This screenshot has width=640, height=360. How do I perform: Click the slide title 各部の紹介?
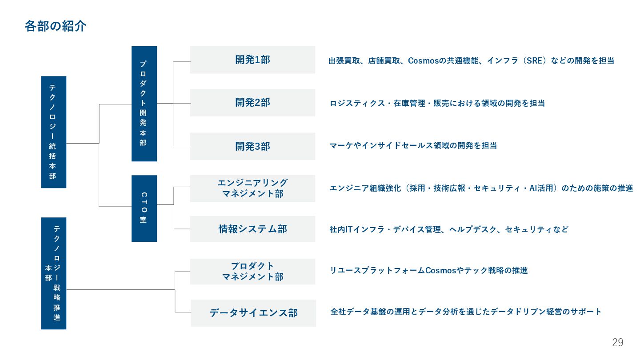coord(56,26)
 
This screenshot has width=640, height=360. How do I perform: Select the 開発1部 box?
coord(252,60)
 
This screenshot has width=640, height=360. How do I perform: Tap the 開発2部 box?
coord(252,103)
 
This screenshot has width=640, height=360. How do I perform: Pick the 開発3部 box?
coord(252,146)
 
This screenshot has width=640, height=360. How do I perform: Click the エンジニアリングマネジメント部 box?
coord(252,188)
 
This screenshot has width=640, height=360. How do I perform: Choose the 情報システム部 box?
coord(252,229)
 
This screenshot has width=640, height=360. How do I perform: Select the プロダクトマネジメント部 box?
coord(252,272)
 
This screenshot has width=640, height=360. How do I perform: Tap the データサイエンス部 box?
coord(253,313)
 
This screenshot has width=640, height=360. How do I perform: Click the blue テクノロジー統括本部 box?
coord(53,132)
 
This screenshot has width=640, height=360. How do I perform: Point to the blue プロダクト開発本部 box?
coord(144,104)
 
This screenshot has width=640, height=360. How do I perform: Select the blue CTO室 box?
coord(144,208)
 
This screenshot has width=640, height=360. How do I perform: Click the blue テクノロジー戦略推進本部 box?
coord(53,273)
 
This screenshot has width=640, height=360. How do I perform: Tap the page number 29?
coord(617,343)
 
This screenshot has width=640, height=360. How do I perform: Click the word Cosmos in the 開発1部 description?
coord(423,60)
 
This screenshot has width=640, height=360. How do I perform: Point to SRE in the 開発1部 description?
coord(533,60)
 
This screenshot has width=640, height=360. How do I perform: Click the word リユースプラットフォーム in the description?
coord(377,270)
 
